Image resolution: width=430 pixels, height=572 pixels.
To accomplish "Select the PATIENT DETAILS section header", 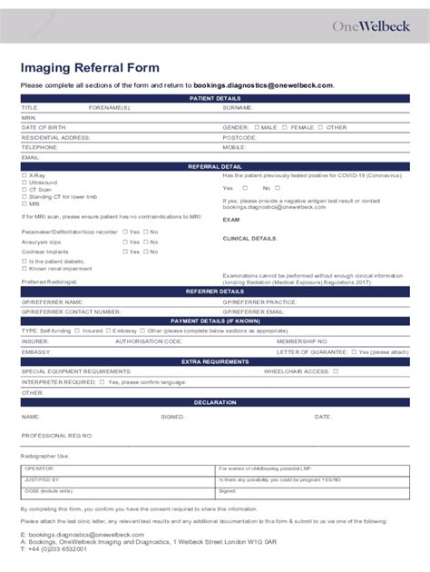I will coord(214,97).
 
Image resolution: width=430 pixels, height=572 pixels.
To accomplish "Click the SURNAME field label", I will coord(239,107).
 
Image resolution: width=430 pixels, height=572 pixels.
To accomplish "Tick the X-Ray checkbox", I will coord(24,175).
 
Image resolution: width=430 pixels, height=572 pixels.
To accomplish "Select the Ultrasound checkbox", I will coord(24,182).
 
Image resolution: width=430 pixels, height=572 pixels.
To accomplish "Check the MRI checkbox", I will coord(24,204).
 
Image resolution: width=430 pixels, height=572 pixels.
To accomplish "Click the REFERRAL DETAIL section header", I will coord(214,166).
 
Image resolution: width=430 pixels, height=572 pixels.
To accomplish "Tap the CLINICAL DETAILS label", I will coord(249,238).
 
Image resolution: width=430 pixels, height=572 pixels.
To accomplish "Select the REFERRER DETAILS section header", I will coord(214,291).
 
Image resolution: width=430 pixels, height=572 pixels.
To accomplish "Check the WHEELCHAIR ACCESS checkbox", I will coord(335,370).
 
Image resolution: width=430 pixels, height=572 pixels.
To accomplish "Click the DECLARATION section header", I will coord(214,401).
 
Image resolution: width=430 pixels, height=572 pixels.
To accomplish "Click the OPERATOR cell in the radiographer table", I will coord(38,468).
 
